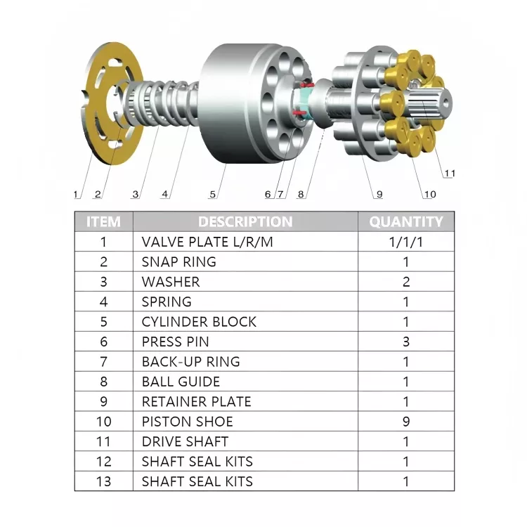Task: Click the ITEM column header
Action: (103, 221)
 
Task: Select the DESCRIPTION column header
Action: (245, 221)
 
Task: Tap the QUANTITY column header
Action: (405, 221)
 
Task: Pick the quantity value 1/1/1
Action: (405, 242)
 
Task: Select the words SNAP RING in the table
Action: (178, 262)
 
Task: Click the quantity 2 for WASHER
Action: (405, 282)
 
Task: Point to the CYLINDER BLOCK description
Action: (199, 322)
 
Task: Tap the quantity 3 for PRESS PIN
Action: (405, 341)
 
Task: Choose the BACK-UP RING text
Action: (190, 362)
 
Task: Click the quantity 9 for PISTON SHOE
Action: (405, 422)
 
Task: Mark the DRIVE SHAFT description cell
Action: (185, 441)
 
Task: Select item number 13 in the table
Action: (103, 481)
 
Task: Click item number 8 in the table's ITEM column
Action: (103, 382)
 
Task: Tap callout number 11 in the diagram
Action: (449, 173)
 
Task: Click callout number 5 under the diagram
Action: (212, 194)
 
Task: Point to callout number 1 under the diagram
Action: (76, 194)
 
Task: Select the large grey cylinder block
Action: (232, 105)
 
